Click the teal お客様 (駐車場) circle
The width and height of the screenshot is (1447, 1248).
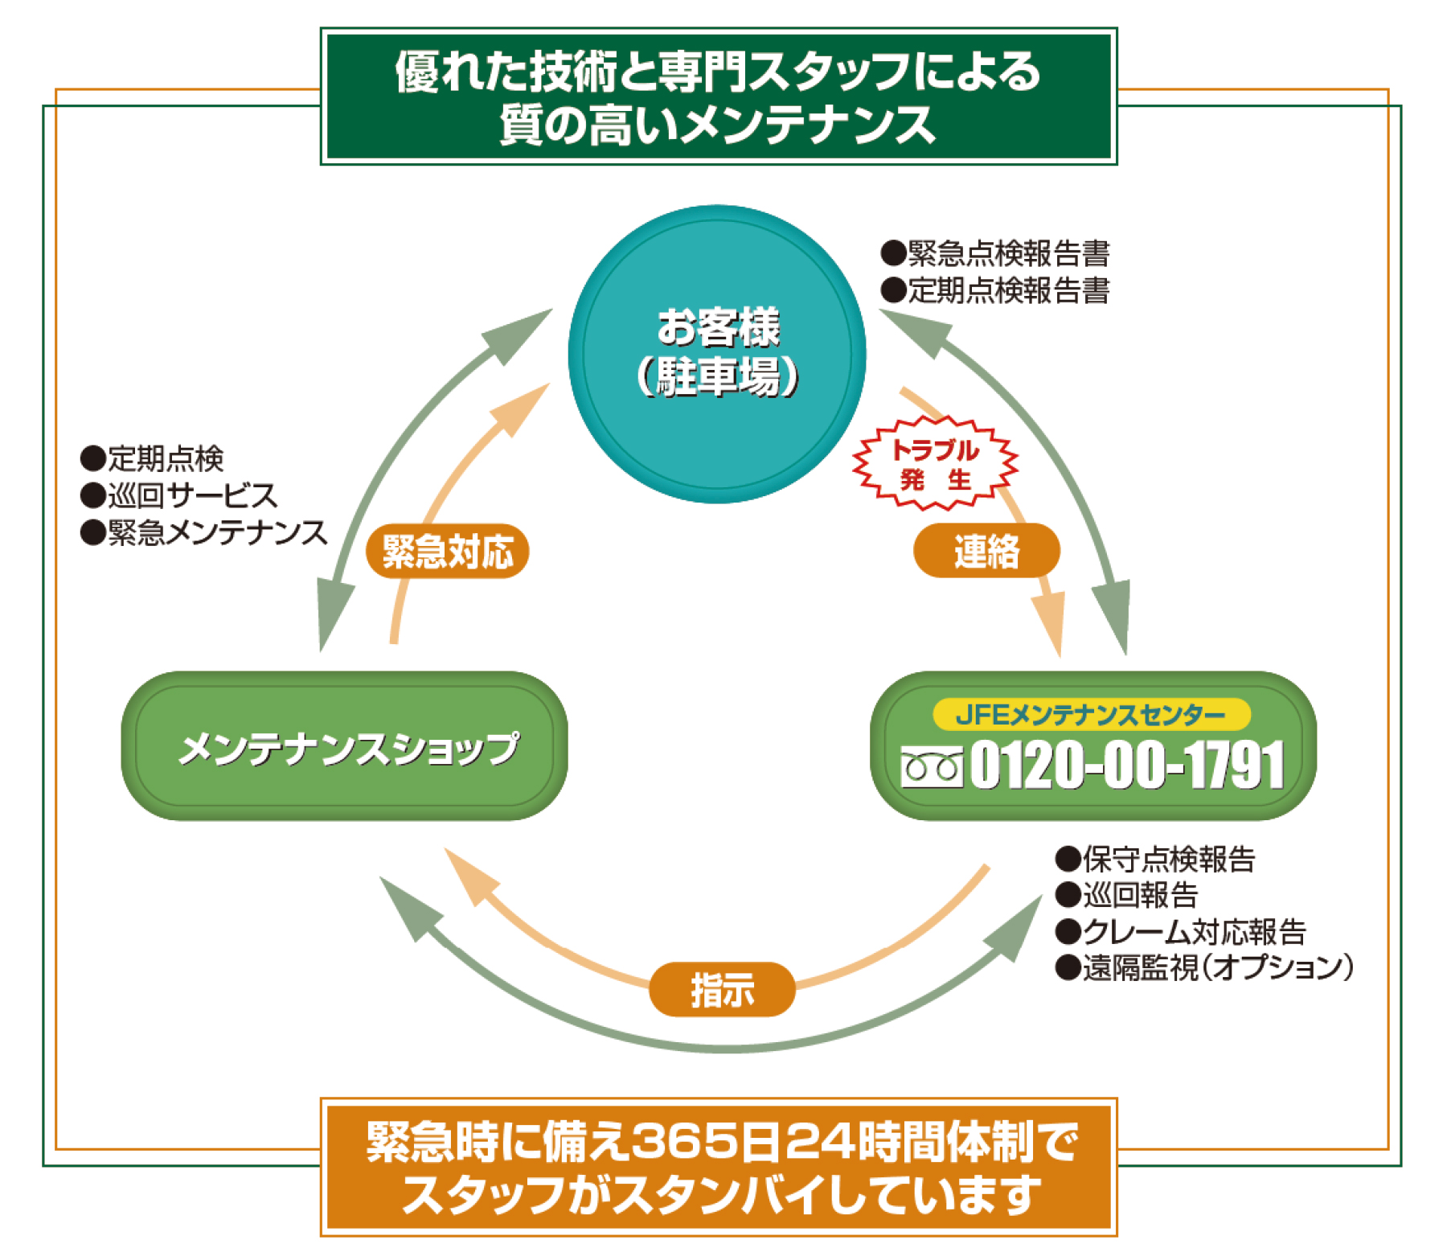(716, 354)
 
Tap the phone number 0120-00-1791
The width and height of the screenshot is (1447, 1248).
(1126, 765)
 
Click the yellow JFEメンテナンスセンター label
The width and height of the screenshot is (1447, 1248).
(1091, 714)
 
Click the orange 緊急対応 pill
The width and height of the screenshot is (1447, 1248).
(447, 552)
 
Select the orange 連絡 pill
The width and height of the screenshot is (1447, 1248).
(986, 551)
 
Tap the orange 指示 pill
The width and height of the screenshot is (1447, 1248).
(722, 989)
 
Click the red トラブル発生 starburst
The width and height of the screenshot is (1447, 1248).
(935, 464)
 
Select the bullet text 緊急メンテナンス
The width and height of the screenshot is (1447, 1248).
(217, 532)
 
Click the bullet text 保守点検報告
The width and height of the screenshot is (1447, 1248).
(1168, 859)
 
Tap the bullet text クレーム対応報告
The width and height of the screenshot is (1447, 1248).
(1193, 931)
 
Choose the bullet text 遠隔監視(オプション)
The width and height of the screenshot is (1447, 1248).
(1217, 967)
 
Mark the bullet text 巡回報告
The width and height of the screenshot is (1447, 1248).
(1140, 895)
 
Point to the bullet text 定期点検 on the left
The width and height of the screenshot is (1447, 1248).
(165, 458)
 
